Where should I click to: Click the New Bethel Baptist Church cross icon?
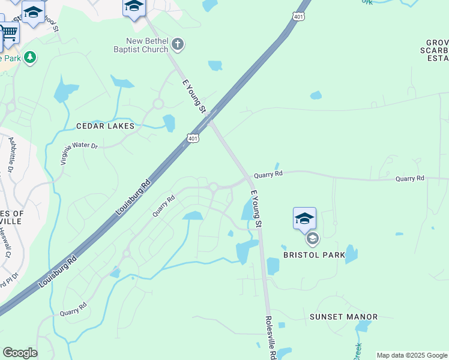click(178, 44)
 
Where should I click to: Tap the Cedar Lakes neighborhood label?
click(105, 127)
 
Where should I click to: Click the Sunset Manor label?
click(344, 317)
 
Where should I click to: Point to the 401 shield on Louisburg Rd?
click(193, 138)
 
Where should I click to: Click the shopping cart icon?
click(10, 31)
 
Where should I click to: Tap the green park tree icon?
click(30, 58)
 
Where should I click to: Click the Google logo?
click(20, 353)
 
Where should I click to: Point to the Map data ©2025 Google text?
click(412, 355)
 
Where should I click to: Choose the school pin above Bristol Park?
click(304, 217)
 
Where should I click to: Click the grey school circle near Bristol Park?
click(312, 239)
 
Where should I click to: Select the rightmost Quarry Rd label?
click(410, 179)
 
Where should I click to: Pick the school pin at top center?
click(134, 7)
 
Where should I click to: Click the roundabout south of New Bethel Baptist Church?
click(158, 104)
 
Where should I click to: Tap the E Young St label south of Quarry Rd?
click(256, 208)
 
